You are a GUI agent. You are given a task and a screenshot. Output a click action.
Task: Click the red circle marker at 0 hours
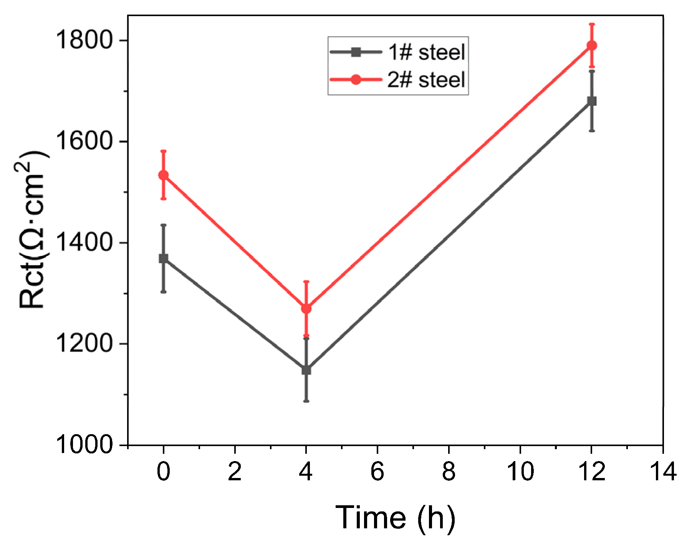(x=164, y=175)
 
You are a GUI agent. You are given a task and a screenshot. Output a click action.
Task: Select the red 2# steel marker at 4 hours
(x=306, y=309)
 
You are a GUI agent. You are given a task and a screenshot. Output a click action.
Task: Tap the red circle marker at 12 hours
(x=592, y=46)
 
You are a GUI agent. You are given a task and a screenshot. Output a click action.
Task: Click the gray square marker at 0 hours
(x=164, y=258)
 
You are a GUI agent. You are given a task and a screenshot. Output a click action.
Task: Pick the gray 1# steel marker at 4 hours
(x=306, y=370)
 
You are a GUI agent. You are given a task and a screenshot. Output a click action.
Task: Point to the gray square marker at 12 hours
(x=592, y=101)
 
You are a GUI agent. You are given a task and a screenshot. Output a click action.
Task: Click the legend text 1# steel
(x=426, y=52)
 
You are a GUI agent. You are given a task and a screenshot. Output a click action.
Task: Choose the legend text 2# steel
(x=426, y=80)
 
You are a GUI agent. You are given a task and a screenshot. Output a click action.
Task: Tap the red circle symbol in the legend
(x=356, y=80)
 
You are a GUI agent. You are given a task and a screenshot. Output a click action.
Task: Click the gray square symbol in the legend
(x=356, y=52)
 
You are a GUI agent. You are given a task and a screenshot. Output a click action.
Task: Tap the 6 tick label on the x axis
(x=377, y=471)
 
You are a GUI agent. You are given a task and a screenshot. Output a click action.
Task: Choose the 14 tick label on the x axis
(x=663, y=471)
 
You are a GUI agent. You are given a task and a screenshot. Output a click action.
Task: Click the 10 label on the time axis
(x=520, y=471)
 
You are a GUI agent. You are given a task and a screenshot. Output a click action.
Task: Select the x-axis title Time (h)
(x=395, y=518)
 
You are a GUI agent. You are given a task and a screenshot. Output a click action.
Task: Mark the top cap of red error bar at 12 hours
(x=592, y=24)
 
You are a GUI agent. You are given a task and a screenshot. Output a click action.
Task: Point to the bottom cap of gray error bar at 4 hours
(x=306, y=401)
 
